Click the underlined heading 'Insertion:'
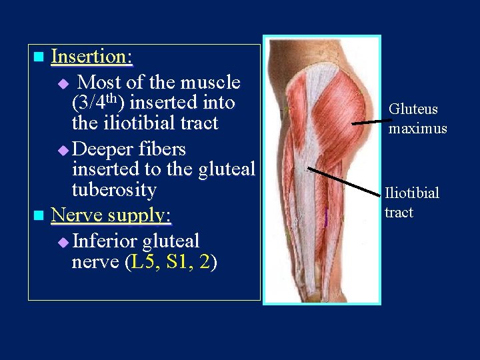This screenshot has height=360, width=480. pyautogui.click(x=91, y=57)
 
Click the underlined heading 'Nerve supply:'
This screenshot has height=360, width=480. pyautogui.click(x=111, y=215)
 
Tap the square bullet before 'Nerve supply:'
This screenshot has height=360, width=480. pyautogui.click(x=39, y=215)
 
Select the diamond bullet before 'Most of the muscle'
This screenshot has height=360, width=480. pyautogui.click(x=63, y=84)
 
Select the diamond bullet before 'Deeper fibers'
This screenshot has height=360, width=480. pyautogui.click(x=63, y=150)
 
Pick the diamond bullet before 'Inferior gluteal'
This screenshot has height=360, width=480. pyautogui.click(x=63, y=242)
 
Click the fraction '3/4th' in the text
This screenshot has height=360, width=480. pyautogui.click(x=101, y=103)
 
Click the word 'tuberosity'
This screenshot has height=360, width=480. pyautogui.click(x=113, y=190)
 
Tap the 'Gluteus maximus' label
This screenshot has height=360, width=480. pyautogui.click(x=417, y=119)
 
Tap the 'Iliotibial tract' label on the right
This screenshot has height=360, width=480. pyautogui.click(x=411, y=203)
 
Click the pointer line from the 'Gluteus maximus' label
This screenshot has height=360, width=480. pyautogui.click(x=368, y=121)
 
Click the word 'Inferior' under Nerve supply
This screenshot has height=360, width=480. pyautogui.click(x=104, y=241)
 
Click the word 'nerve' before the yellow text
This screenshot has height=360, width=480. pyautogui.click(x=95, y=262)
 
